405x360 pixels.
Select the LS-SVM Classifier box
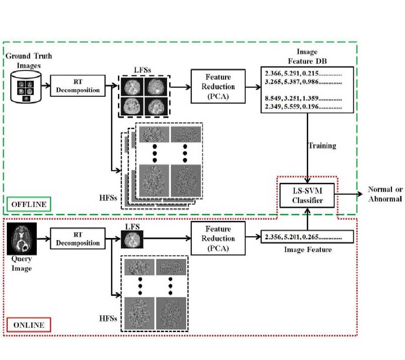coord(307,195)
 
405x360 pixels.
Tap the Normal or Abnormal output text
coord(385,193)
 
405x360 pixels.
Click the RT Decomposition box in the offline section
coord(78,85)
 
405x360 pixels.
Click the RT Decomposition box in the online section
coord(78,238)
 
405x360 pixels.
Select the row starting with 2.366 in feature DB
coord(303,74)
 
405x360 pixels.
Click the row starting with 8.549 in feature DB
coord(303,99)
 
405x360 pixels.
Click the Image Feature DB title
coord(307,57)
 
